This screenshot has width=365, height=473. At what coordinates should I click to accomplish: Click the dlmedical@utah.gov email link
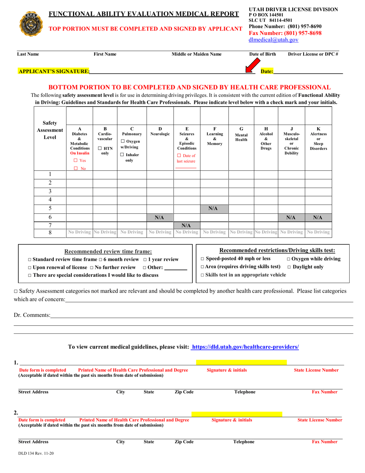point(274,40)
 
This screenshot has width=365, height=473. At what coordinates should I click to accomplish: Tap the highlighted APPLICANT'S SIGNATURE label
point(54,71)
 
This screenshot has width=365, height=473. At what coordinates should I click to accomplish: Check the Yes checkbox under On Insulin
point(76,160)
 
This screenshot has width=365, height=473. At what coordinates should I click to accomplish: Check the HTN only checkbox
point(100,148)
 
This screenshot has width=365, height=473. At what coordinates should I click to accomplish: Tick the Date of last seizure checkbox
point(179,155)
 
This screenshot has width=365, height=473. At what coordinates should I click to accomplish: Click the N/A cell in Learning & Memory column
point(214,208)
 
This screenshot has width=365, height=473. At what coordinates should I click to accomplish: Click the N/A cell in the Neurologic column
point(160,217)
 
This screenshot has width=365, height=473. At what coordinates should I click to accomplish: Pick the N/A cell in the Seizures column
point(186,225)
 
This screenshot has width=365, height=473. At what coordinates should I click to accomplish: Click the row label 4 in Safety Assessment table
point(50,200)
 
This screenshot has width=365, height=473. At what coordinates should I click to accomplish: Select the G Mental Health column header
point(241,134)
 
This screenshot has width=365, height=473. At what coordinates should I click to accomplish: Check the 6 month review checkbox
point(101,260)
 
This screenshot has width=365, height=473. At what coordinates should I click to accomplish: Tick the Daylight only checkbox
point(289,267)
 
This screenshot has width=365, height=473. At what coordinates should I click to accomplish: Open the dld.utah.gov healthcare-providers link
point(245,347)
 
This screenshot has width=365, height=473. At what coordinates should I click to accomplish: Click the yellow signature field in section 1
point(241,362)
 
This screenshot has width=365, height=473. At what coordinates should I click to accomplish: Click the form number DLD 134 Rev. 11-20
point(36,453)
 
